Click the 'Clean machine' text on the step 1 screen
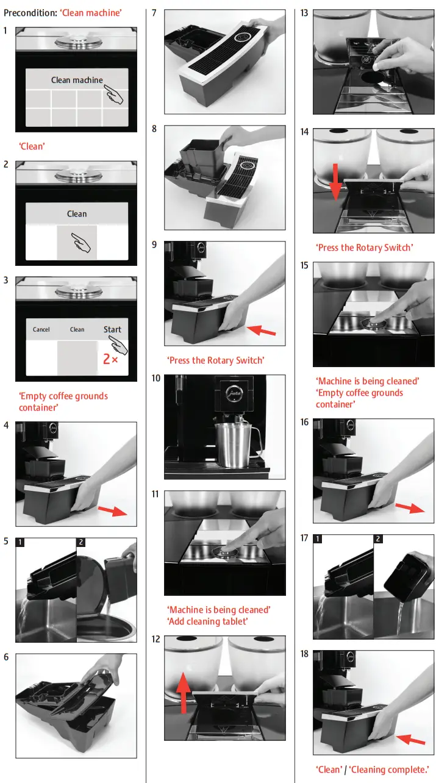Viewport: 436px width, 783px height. (x=77, y=80)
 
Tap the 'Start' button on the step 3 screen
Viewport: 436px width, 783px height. (x=112, y=329)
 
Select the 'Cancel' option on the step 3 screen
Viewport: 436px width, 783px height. (x=41, y=330)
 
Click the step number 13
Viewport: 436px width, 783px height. (x=305, y=13)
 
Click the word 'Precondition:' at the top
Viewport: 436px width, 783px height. (x=30, y=13)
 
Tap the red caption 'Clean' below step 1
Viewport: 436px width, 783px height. (x=32, y=146)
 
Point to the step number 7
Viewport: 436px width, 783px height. (x=154, y=13)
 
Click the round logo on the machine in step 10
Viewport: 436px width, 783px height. (x=231, y=392)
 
